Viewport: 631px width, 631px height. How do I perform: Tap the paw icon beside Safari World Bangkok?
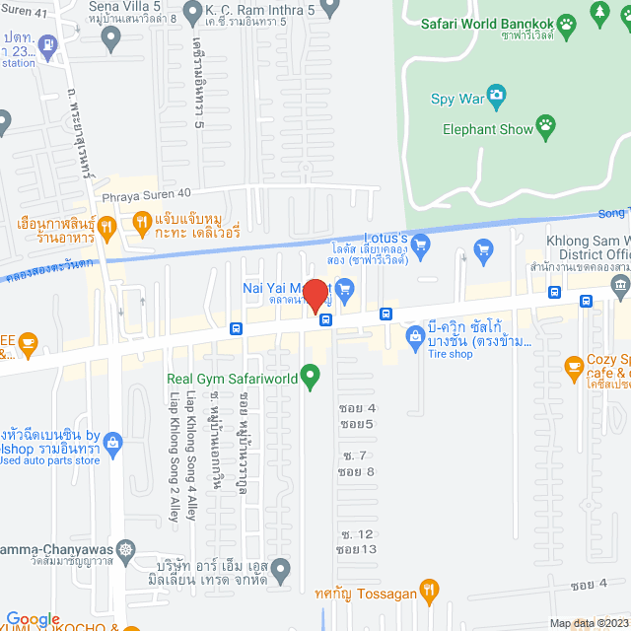coord(566,22)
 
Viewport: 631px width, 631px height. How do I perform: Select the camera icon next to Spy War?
coord(498,97)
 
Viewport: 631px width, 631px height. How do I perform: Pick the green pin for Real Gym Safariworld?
coord(312,375)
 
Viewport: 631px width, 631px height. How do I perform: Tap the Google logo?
coord(34,619)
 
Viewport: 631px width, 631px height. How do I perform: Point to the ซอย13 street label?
coord(356,549)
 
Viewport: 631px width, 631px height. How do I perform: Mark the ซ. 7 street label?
coord(354,456)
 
